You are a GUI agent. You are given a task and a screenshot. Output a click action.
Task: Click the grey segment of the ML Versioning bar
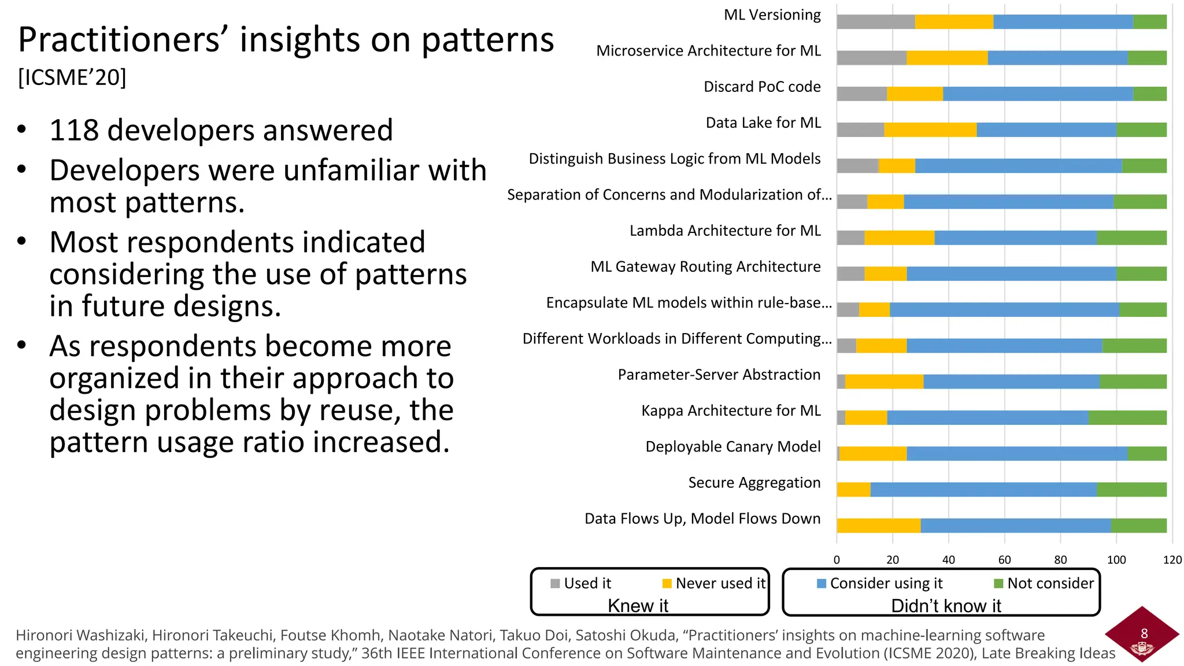coord(875,22)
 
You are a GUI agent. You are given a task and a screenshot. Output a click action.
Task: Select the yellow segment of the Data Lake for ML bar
coord(930,130)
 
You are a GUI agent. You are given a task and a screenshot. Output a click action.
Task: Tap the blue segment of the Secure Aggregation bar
coord(983,490)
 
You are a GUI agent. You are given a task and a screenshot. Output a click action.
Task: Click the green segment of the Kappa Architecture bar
coord(1127,417)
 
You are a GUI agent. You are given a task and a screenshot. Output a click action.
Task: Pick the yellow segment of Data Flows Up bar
coord(878,526)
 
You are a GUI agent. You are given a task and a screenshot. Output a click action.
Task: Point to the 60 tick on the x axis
coord(1004,560)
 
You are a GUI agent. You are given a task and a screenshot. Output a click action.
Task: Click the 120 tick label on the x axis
coord(1172,560)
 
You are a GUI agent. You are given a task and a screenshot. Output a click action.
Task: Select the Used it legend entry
coord(581,583)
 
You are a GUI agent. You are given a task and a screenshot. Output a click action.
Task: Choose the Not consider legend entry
coord(1044,583)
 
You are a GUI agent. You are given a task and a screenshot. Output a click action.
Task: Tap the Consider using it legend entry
coord(880,583)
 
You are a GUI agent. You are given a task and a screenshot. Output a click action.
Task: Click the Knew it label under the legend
coord(638,606)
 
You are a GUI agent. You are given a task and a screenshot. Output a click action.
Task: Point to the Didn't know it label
coord(946,606)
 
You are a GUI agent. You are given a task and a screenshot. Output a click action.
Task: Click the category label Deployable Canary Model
coord(732,447)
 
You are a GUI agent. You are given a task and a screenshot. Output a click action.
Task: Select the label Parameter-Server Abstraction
coord(719,375)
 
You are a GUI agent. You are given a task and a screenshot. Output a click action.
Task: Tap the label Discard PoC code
coord(761,87)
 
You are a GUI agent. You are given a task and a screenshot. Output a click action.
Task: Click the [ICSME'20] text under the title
coord(72,77)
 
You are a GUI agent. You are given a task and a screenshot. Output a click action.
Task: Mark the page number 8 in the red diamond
coord(1144,634)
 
